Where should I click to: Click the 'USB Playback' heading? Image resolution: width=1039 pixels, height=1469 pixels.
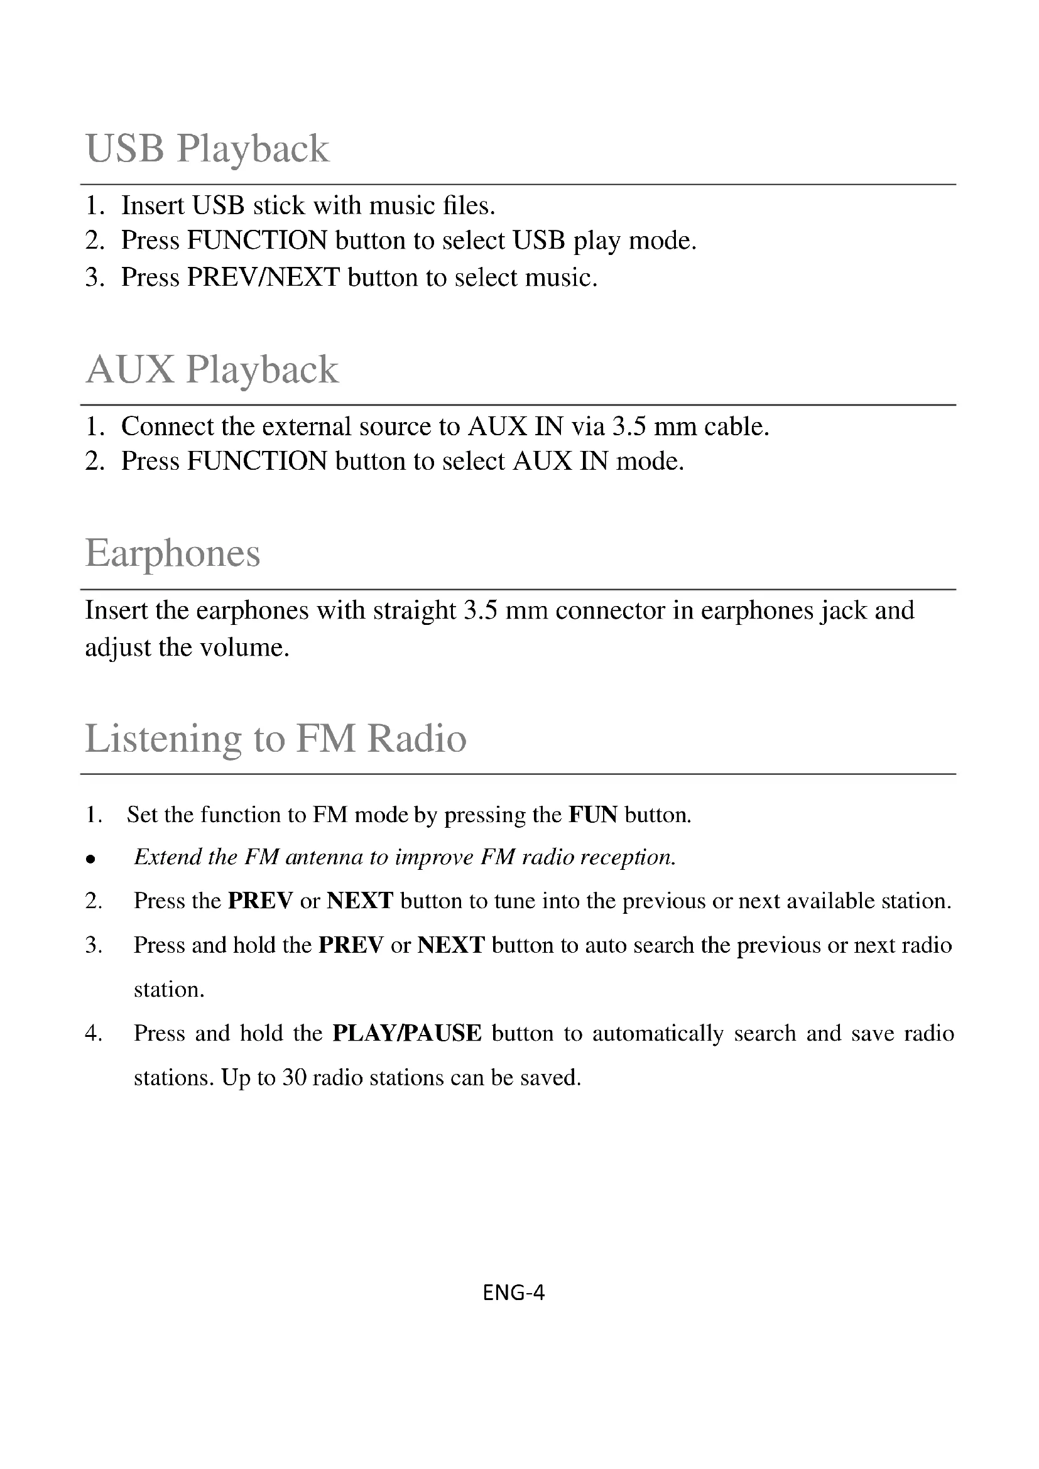point(207,149)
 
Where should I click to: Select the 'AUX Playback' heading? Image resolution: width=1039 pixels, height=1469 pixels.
point(212,370)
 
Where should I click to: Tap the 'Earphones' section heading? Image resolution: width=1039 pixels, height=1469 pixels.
point(173,553)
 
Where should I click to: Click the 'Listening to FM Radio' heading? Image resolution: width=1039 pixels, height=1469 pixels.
point(276,739)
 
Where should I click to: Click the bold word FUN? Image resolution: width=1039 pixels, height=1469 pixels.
point(593,815)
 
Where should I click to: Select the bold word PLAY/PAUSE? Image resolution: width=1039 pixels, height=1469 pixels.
point(407,1033)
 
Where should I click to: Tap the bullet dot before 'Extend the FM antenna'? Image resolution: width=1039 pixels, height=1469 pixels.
point(91,859)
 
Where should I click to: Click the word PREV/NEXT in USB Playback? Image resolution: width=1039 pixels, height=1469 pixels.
point(263,277)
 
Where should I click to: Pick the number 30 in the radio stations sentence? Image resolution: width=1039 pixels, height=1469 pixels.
point(294,1078)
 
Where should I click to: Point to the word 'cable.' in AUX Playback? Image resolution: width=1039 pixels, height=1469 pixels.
point(736,426)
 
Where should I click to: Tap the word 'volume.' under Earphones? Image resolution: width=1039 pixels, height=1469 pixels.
point(245,648)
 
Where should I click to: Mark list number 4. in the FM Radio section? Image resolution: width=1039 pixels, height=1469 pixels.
point(94,1033)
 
